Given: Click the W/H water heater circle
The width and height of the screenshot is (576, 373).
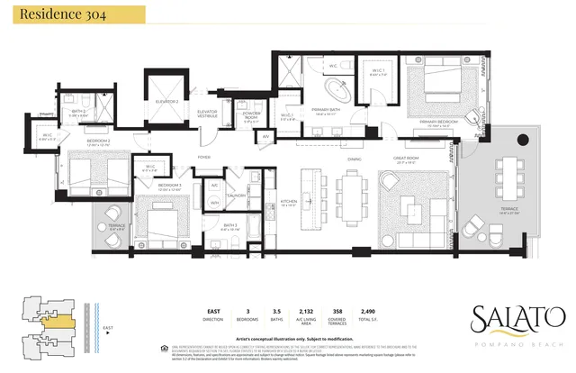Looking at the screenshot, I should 214,204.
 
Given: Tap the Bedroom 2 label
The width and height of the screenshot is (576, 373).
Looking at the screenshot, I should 98,141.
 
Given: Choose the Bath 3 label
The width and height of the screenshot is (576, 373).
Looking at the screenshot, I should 229,227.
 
